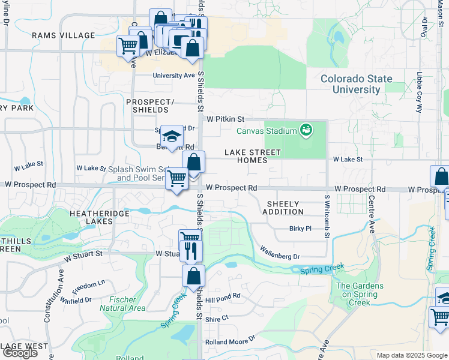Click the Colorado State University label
pyautogui.click(x=356, y=84)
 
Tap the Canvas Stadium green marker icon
pyautogui.click(x=306, y=130)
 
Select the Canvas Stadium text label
pyautogui.click(x=267, y=131)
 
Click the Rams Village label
pyautogui.click(x=65, y=35)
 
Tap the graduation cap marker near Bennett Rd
pyautogui.click(x=172, y=137)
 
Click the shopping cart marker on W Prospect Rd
pyautogui.click(x=177, y=178)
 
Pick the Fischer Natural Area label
pyautogui.click(x=127, y=304)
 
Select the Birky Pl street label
pyautogui.click(x=300, y=229)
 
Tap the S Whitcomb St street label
pyautogui.click(x=327, y=217)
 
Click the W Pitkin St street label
pyautogui.click(x=225, y=119)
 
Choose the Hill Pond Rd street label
pyautogui.click(x=222, y=296)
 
